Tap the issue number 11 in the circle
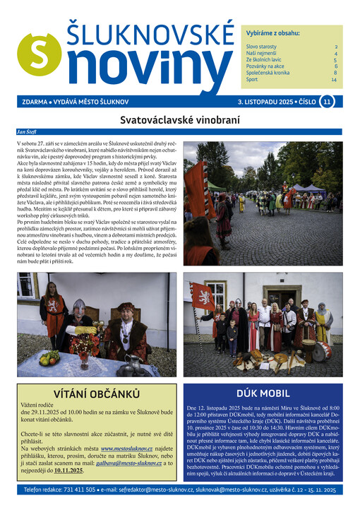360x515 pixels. (x=326, y=102)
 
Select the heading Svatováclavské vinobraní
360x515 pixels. (x=179, y=120)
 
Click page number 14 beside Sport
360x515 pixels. (x=334, y=80)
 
